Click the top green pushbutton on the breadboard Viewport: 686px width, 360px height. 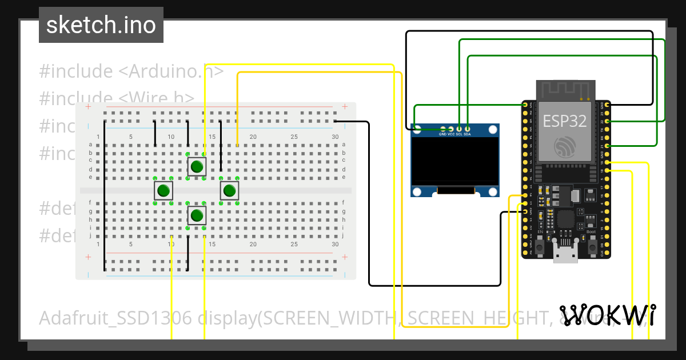click(197, 167)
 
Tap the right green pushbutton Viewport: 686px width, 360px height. click(229, 191)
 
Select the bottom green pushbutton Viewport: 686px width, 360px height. click(197, 215)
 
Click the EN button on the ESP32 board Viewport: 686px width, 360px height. click(540, 246)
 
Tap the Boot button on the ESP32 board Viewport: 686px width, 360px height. click(591, 246)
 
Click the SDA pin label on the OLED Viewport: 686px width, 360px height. click(467, 134)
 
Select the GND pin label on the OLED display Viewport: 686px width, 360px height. click(442, 134)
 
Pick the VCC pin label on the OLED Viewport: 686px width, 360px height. click(450, 134)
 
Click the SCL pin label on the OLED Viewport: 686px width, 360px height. click(458, 134)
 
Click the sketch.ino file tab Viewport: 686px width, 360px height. click(101, 25)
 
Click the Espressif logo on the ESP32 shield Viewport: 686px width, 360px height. click(565, 148)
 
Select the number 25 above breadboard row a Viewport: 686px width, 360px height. click(294, 137)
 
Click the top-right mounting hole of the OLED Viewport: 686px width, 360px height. click(492, 129)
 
